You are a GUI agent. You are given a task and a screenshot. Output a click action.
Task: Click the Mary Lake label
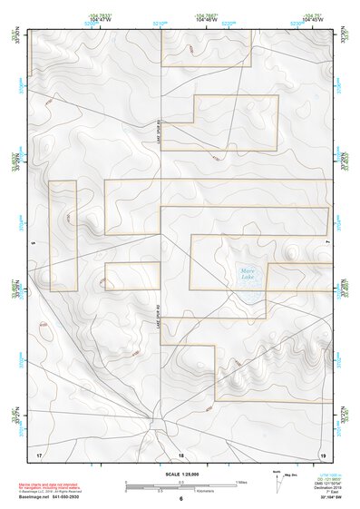(x=248, y=271)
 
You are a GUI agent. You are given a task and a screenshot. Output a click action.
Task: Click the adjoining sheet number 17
(x=39, y=452)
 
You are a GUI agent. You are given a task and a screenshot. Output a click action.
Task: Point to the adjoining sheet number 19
(x=322, y=452)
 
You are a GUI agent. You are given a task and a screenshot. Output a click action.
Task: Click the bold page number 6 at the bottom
(x=180, y=498)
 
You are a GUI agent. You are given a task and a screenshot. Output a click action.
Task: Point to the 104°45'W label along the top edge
(x=313, y=19)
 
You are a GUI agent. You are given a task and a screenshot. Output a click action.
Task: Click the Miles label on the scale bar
(x=240, y=480)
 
